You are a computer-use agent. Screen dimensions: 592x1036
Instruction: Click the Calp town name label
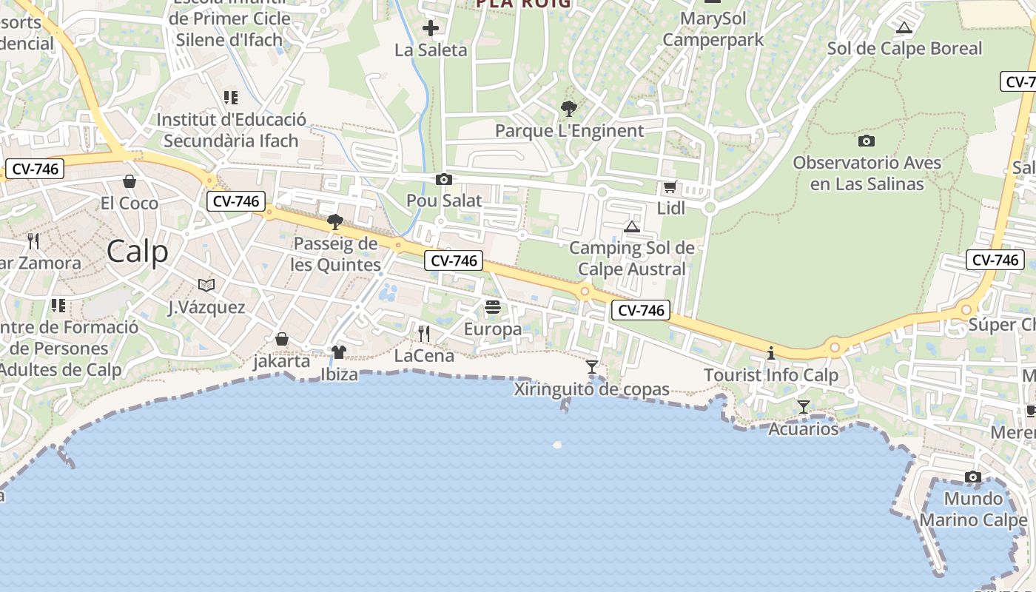pos(137,252)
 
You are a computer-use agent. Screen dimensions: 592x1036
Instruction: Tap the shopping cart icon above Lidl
pos(670,187)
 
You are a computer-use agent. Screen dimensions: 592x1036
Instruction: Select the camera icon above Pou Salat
pos(444,179)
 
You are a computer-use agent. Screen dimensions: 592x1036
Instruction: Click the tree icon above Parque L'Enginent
pos(568,109)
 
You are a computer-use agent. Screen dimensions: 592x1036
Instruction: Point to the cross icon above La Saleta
pos(430,29)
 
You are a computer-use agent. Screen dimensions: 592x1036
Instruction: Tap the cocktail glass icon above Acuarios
pos(803,406)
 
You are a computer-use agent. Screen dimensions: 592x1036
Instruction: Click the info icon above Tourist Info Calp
pos(770,353)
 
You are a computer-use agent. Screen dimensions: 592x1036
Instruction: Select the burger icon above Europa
pos(493,307)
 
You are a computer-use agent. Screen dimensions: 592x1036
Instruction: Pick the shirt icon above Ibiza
pos(339,351)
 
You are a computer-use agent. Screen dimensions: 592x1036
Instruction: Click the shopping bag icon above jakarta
pos(281,339)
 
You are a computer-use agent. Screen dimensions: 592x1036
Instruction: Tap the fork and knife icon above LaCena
pos(423,333)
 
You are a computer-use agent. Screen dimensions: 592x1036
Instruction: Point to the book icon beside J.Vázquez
pos(206,285)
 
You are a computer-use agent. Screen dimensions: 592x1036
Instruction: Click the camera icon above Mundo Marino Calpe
pos(973,477)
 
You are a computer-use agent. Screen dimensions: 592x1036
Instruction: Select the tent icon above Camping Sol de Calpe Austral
pos(631,226)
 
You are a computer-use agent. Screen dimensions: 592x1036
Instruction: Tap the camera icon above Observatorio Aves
pos(866,141)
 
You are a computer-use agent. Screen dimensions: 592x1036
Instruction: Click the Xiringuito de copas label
pos(591,389)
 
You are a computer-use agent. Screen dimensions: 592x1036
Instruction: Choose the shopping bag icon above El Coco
pos(129,181)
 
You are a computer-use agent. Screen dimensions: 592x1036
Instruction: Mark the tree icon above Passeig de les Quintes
pos(334,221)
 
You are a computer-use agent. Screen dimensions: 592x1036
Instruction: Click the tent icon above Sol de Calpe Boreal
pos(903,28)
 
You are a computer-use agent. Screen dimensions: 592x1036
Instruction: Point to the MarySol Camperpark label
pos(713,28)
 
